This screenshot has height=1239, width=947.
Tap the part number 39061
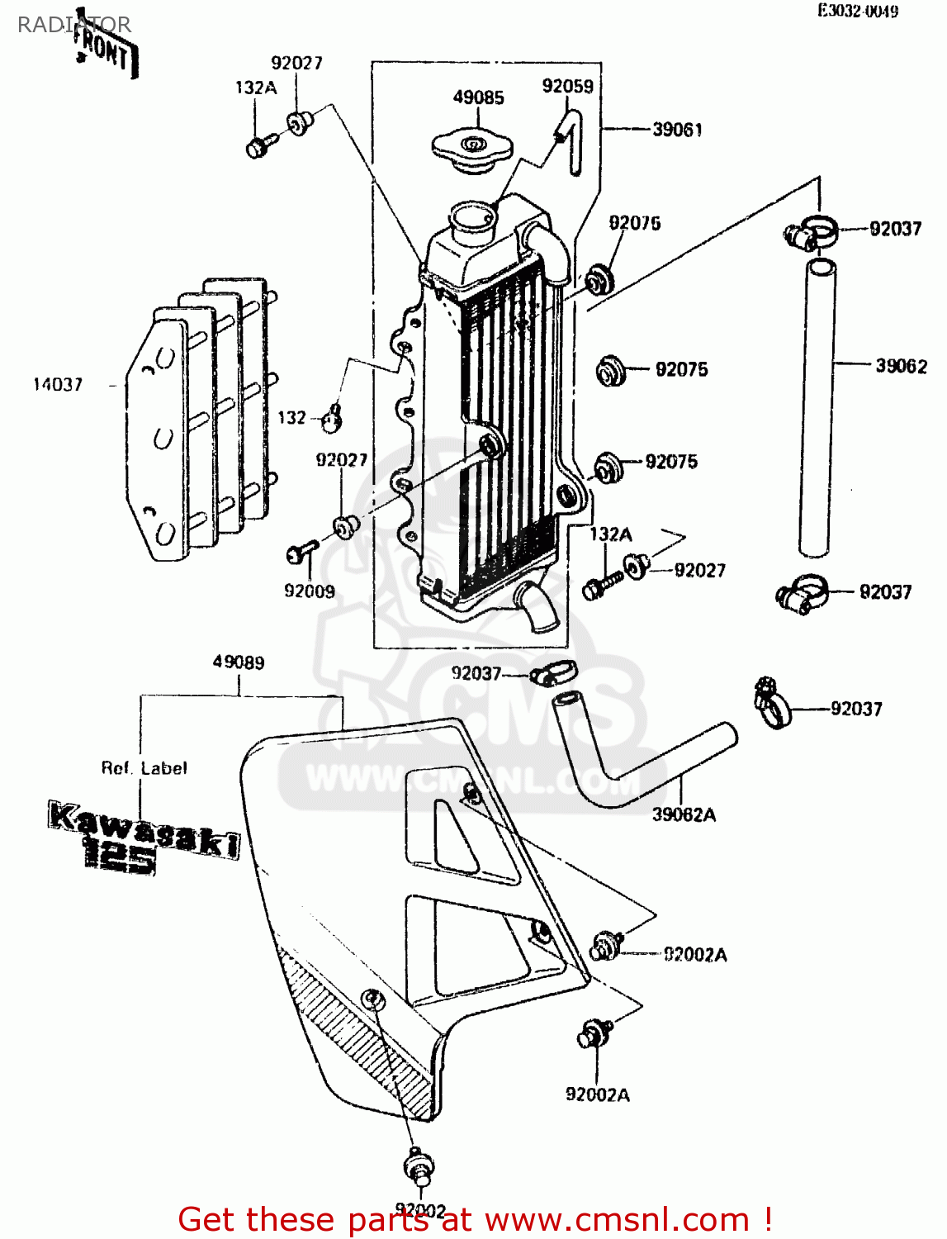click(x=677, y=130)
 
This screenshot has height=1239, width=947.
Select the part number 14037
click(x=58, y=384)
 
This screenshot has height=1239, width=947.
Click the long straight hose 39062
click(x=817, y=405)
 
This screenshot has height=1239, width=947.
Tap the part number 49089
click(x=239, y=662)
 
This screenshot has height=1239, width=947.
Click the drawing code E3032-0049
click(x=858, y=11)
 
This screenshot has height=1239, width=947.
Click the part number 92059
click(x=567, y=86)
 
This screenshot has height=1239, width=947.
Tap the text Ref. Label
click(x=144, y=768)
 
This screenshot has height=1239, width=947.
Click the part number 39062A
click(x=684, y=815)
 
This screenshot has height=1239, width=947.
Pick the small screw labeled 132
click(x=332, y=420)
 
